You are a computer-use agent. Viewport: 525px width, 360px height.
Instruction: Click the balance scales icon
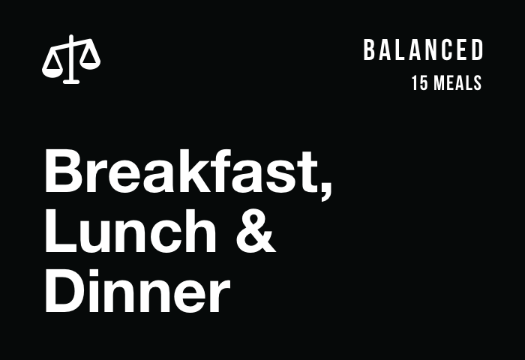tap(71, 59)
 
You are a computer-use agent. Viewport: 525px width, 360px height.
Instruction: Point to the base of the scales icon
tap(71, 82)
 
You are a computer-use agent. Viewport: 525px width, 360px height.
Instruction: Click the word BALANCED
tap(423, 50)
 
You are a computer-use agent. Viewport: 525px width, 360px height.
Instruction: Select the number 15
tap(419, 83)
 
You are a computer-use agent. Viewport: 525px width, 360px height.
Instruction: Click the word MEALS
tap(457, 83)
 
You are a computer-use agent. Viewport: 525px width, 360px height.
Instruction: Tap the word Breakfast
tap(181, 171)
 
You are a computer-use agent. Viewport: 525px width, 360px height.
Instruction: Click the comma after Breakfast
tap(325, 191)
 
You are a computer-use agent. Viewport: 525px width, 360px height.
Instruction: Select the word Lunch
tap(131, 230)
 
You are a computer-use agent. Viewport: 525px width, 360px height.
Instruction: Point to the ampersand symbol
tap(256, 231)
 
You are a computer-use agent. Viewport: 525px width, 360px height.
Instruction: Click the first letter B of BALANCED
tap(369, 50)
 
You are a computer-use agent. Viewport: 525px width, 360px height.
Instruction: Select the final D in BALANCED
tap(478, 50)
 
